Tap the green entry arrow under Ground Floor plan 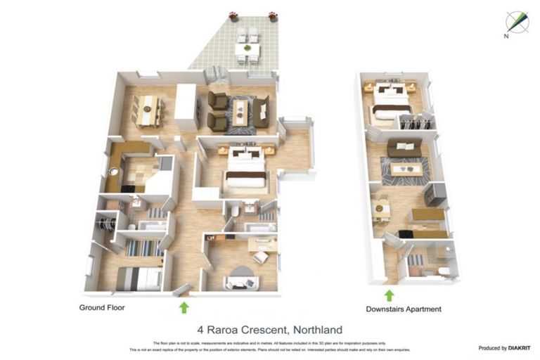[184, 307]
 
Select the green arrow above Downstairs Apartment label [389, 295]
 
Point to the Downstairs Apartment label [403, 309]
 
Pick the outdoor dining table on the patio [247, 49]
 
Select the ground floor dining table [147, 110]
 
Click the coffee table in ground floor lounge [240, 110]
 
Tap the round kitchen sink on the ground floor [112, 171]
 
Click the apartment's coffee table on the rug [406, 169]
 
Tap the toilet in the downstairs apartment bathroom [444, 271]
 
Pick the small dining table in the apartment [382, 208]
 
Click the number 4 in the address [200, 330]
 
